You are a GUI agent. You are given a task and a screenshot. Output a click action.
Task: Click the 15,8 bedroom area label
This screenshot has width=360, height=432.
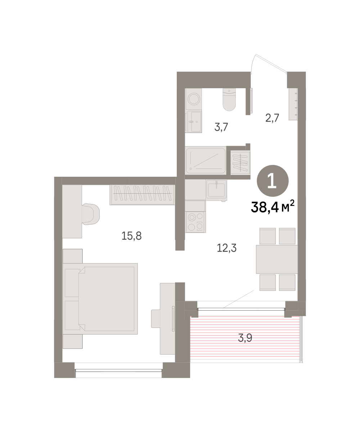pyautogui.click(x=132, y=236)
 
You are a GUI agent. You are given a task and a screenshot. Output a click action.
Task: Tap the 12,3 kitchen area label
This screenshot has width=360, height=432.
pyautogui.click(x=226, y=248)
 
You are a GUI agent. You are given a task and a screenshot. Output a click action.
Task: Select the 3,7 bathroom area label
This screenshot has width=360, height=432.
pyautogui.click(x=221, y=127)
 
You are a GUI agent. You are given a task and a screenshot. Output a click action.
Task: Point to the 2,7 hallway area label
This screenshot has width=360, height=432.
pyautogui.click(x=272, y=118)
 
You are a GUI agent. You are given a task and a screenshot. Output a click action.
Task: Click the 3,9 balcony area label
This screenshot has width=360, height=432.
pyautogui.click(x=245, y=338)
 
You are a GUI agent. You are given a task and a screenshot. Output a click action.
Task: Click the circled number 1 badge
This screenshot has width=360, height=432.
pyautogui.click(x=273, y=181)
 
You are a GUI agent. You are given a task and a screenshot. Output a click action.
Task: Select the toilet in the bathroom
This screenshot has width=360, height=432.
pyautogui.click(x=229, y=99)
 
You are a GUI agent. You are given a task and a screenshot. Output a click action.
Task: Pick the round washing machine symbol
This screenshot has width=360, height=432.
pyautogui.click(x=194, y=99)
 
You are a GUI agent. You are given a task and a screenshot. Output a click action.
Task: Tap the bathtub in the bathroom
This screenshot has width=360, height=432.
pyautogui.click(x=206, y=160)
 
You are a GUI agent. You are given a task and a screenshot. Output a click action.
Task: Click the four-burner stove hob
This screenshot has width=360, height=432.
pyautogui.click(x=195, y=222)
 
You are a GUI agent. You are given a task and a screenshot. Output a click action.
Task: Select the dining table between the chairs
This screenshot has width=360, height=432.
pyautogui.click(x=277, y=260)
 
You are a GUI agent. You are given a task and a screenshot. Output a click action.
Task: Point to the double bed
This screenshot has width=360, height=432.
pyautogui.click(x=100, y=299)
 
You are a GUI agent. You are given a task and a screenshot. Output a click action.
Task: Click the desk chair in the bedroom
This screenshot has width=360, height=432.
pyautogui.click(x=91, y=214)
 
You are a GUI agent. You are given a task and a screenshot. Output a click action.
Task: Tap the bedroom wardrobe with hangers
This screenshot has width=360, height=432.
pyautogui.click(x=142, y=195)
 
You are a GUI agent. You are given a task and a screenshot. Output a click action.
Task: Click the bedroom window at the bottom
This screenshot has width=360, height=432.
pyautogui.click(x=118, y=370)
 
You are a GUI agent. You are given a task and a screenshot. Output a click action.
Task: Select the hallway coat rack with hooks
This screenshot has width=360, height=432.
pyautogui.click(x=293, y=104)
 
